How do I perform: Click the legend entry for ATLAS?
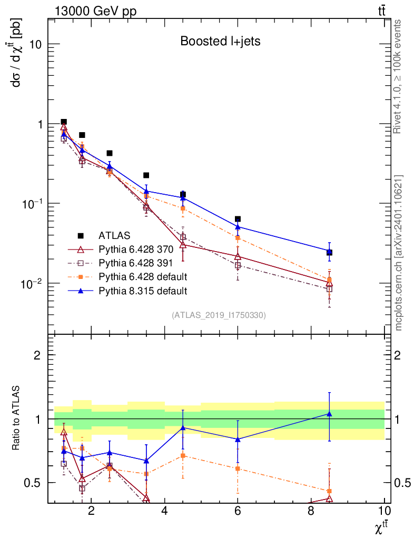pos(114,235)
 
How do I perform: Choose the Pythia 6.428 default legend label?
pos(143,276)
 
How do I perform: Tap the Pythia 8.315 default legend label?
pos(143,290)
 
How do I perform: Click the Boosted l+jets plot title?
pos(220,41)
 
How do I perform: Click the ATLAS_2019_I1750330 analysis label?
pos(219,315)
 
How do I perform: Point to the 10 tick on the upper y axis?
pos(35,44)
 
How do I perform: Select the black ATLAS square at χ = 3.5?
pos(146,175)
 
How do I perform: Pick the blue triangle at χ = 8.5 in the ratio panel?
pos(329,414)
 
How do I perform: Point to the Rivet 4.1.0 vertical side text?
pos(398,76)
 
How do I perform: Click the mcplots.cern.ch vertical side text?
pos(398,253)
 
